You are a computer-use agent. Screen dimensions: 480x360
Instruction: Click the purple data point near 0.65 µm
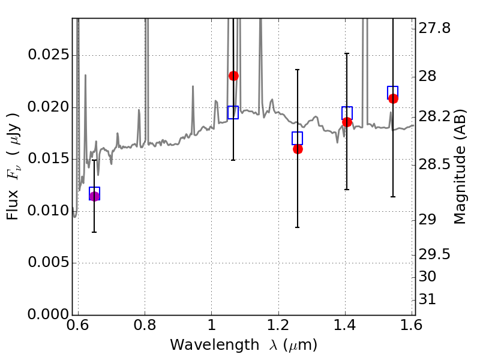point(94,197)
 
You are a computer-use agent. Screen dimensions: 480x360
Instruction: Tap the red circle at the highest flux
point(233,76)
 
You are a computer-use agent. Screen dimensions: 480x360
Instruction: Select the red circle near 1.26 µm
point(298,149)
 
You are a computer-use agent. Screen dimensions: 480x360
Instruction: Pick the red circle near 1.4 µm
point(347,122)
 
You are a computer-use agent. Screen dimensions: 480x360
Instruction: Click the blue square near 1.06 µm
point(233,112)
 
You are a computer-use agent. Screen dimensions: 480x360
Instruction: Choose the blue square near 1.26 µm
point(297,138)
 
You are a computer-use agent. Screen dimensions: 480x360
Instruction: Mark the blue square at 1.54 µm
point(392,92)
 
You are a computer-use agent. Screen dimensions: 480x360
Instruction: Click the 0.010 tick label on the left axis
point(48,211)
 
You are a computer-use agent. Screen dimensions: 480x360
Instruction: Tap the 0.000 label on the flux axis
point(48,314)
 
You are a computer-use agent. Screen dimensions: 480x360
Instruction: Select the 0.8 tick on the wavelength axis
point(145,325)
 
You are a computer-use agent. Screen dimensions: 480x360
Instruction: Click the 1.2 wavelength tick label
point(278,325)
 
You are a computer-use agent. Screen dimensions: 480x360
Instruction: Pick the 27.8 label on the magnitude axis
point(434,28)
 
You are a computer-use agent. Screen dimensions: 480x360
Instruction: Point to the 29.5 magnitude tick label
point(434,254)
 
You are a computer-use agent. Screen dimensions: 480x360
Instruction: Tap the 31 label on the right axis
point(427,299)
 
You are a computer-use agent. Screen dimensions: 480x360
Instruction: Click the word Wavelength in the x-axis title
point(215,345)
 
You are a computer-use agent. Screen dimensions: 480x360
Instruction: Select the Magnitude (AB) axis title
point(460,167)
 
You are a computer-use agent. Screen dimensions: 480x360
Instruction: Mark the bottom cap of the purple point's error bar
point(94,232)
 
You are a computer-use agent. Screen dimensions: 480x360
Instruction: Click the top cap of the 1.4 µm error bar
point(347,53)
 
